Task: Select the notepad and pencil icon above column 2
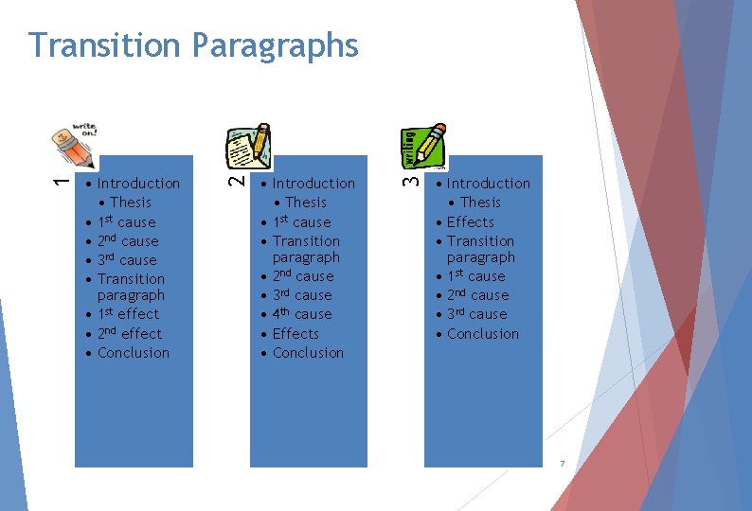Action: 250,147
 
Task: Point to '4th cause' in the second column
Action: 302,314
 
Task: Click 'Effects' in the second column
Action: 295,333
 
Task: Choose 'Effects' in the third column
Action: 471,222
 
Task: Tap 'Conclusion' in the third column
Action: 483,333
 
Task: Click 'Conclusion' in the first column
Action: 134,353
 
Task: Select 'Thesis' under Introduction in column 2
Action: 305,203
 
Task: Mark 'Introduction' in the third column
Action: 489,184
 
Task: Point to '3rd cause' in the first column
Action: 127,260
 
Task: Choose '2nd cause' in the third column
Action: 477,295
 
